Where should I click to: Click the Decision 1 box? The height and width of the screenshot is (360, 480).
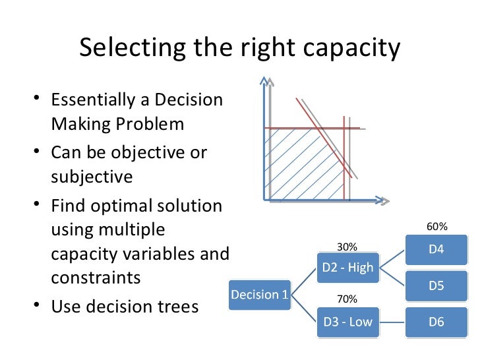[260, 295]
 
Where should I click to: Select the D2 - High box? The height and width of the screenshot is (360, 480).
[347, 267]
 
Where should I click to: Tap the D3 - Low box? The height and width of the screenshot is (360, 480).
[347, 322]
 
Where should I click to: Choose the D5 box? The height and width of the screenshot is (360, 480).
[436, 287]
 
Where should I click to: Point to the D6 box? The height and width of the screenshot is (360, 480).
[436, 322]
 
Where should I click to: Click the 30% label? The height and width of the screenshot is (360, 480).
[347, 247]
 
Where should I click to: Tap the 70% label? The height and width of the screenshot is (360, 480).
[347, 299]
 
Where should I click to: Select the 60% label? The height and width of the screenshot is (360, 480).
[437, 227]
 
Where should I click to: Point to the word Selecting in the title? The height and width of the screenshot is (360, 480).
[125, 49]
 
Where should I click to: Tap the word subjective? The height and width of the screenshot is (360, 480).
[92, 176]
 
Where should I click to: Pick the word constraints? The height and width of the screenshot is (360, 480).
[96, 277]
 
